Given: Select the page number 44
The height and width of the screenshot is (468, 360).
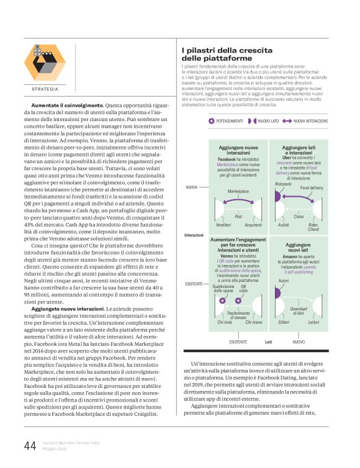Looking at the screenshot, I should [x=30, y=445].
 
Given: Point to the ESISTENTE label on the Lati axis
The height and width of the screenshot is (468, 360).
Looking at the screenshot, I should [x=238, y=341].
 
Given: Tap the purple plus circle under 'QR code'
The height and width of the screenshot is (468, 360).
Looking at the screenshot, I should [x=243, y=301].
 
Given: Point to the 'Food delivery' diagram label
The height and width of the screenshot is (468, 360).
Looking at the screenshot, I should [x=312, y=188].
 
